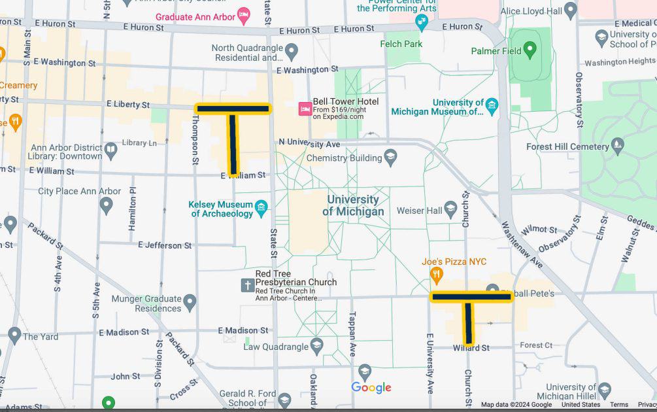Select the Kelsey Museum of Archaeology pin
click(x=261, y=208)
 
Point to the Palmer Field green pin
click(x=530, y=50)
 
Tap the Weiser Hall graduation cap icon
click(x=450, y=210)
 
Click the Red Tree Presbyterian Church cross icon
click(x=247, y=285)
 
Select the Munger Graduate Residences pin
click(x=190, y=302)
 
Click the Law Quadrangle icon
click(x=316, y=346)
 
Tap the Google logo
click(x=371, y=387)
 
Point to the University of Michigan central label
click(x=353, y=205)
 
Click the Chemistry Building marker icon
click(x=390, y=157)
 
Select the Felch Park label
click(x=401, y=44)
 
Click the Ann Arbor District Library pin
click(x=110, y=151)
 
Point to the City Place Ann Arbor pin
click(x=106, y=206)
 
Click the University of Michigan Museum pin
click(x=492, y=105)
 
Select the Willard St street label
click(x=471, y=348)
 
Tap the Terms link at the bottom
click(x=618, y=405)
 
